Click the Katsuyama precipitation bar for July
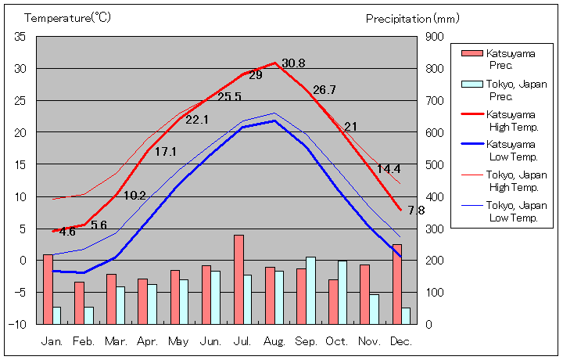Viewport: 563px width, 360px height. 238,279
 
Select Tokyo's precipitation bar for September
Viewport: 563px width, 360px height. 310,290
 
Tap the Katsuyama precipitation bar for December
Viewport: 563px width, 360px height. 397,284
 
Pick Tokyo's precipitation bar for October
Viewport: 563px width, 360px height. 342,292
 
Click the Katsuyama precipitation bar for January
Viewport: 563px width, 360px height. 48,289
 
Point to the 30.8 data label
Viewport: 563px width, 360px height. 293,63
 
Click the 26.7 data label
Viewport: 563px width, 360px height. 324,90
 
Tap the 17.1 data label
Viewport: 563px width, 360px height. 165,152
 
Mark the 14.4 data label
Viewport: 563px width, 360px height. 389,169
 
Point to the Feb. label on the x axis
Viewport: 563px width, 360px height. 84,342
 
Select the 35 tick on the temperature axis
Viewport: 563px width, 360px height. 20,37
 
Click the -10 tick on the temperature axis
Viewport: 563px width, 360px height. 19,324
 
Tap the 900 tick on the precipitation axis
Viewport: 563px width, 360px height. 435,37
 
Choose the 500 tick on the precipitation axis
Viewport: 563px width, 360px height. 435,164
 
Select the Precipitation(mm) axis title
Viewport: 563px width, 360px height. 413,18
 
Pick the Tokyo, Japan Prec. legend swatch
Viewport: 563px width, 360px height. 472,84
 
